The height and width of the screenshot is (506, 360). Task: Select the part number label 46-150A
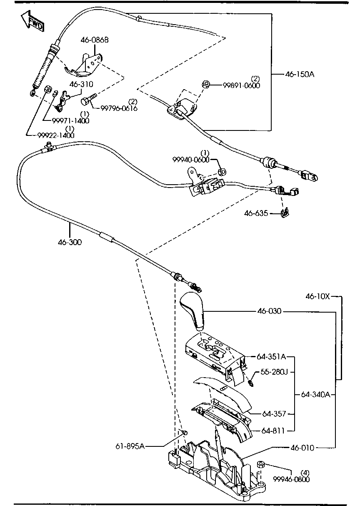(x=300, y=75)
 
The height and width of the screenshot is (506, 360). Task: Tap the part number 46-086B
(x=95, y=40)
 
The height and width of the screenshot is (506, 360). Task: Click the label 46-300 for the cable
(x=70, y=242)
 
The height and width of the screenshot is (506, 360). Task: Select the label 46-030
(x=270, y=311)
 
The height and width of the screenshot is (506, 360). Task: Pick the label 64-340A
(x=315, y=394)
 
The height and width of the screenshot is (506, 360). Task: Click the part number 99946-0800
(x=291, y=479)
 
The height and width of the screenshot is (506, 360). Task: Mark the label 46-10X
(x=317, y=296)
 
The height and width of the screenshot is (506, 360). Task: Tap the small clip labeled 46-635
(x=285, y=213)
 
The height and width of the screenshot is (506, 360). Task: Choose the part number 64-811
(x=274, y=431)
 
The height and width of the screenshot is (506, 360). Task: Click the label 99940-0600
(x=190, y=160)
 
